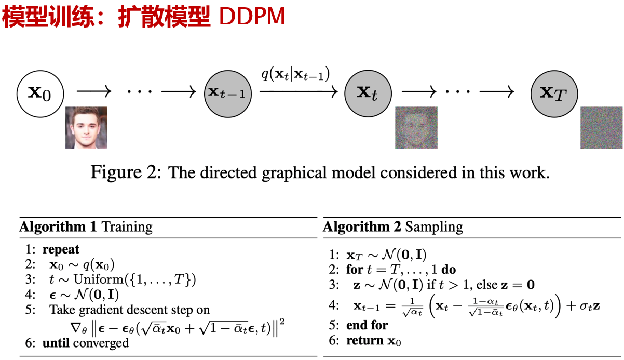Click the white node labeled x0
point(40,94)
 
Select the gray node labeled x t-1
point(228,94)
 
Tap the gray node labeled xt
point(368,94)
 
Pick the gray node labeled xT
point(554,94)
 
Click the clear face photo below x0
point(86,127)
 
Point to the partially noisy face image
point(416,127)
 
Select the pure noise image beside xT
point(602,127)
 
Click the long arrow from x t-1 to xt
point(299,91)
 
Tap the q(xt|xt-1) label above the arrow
point(295,74)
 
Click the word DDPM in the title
point(252,17)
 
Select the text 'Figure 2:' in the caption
point(126,172)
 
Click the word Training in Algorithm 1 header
point(127,227)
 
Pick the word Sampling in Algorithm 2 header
point(434,227)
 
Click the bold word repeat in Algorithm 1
point(61,249)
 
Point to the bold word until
point(56,343)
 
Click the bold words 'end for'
point(367,325)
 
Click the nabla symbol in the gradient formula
point(76,328)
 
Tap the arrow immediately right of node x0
point(94,91)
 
